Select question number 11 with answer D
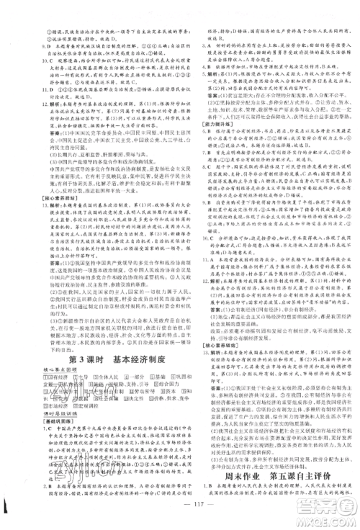click(15, 97)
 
